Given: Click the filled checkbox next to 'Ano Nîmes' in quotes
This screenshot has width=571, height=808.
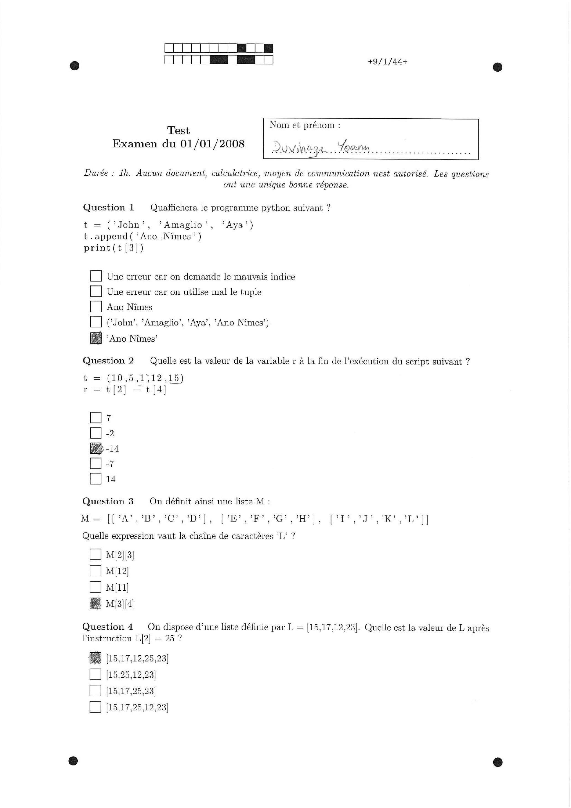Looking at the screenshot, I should [x=96, y=338].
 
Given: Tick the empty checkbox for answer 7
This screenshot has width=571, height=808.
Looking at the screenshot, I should [x=96, y=418].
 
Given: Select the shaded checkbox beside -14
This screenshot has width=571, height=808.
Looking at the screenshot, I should [x=96, y=448].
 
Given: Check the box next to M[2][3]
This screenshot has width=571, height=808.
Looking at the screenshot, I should [x=95, y=555].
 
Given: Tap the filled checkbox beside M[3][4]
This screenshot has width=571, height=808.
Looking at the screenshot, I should [x=95, y=604].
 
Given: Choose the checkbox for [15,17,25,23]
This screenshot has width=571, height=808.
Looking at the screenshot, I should [x=95, y=691].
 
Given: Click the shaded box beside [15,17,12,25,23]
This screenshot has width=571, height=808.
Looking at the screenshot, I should [x=95, y=658].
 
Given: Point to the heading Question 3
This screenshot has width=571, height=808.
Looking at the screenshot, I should [x=108, y=501].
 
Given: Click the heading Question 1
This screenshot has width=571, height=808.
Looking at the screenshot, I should [x=109, y=208].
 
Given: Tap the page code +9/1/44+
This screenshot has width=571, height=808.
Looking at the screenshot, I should [x=387, y=62].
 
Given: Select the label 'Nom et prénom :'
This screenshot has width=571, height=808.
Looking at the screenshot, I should [x=305, y=125].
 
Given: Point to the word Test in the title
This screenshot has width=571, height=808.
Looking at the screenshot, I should [x=178, y=131].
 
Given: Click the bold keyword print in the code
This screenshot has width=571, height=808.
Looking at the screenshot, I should [x=97, y=248].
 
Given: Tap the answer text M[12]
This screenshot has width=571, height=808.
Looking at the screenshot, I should [x=117, y=571].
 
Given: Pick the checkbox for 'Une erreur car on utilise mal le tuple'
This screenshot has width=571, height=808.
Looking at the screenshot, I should [x=96, y=291].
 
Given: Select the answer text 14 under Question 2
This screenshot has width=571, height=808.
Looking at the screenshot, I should [x=111, y=479].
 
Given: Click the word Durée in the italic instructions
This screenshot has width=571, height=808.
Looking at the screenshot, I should [x=96, y=173].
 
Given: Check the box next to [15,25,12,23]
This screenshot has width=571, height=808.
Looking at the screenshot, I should [x=95, y=674].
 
